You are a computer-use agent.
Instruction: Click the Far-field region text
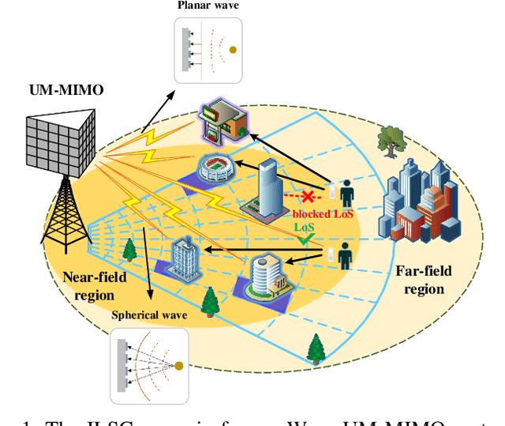(424, 280)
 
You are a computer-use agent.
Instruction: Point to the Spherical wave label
(149, 315)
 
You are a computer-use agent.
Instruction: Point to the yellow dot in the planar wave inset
(232, 50)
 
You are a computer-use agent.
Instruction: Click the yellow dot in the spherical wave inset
(178, 365)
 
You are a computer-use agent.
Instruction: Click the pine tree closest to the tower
(129, 251)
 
